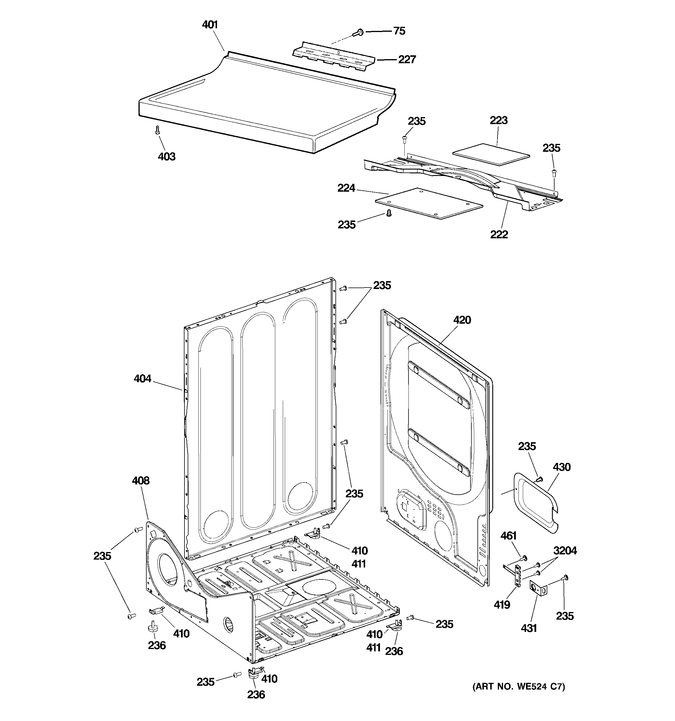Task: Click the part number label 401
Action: (209, 25)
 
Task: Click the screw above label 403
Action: (157, 130)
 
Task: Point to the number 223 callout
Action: (499, 120)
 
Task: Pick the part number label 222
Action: (499, 234)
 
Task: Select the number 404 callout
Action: (142, 378)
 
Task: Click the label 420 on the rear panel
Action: (462, 320)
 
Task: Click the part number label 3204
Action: (565, 550)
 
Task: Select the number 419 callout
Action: (502, 604)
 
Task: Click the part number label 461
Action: (508, 535)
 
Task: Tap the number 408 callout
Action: (140, 481)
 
